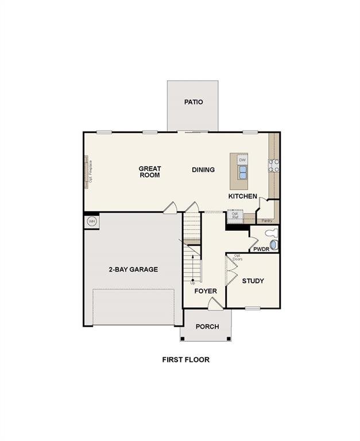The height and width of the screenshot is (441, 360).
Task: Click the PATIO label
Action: click(x=193, y=102)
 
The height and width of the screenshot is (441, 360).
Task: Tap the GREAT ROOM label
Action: click(x=150, y=172)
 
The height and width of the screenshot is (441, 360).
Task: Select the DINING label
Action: click(x=203, y=169)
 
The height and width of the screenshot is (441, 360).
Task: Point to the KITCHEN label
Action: click(x=243, y=196)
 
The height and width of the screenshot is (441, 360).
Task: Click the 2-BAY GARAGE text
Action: click(x=133, y=269)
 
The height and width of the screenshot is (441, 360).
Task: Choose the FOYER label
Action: click(x=206, y=291)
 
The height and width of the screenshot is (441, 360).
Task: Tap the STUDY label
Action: click(x=253, y=281)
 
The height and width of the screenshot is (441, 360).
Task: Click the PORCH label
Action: click(x=207, y=327)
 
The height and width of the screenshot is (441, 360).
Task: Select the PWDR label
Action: click(x=261, y=249)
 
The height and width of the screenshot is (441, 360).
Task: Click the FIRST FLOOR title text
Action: click(x=185, y=360)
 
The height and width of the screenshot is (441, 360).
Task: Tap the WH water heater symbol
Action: click(x=91, y=221)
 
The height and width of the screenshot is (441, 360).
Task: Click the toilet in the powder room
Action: click(x=271, y=233)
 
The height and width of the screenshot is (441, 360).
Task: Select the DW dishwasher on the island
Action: click(x=242, y=160)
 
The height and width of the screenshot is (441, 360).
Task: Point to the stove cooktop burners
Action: click(x=274, y=165)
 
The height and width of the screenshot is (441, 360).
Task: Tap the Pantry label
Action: click(x=266, y=220)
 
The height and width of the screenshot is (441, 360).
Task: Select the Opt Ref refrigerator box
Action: click(x=235, y=216)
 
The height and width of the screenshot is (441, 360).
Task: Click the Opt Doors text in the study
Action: click(x=237, y=258)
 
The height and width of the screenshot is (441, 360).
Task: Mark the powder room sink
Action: click(x=273, y=245)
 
